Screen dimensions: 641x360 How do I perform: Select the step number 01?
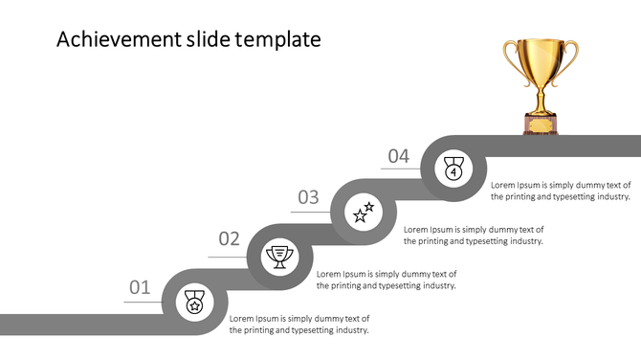(141, 287)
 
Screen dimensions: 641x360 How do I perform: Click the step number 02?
(230, 239)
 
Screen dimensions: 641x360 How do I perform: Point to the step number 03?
(308, 197)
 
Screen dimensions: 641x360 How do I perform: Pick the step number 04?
(398, 156)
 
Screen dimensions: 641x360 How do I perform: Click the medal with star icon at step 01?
(194, 303)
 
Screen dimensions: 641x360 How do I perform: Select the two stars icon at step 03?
(365, 213)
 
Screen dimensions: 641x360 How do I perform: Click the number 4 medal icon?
(453, 169)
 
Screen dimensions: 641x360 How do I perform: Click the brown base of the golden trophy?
(541, 123)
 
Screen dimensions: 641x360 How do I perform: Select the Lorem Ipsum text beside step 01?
(299, 324)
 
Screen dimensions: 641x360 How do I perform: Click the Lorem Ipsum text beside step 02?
(387, 280)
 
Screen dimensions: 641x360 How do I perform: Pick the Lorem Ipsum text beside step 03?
(474, 235)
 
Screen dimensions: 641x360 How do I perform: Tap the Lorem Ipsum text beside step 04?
(561, 190)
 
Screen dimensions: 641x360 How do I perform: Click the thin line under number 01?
(144, 303)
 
